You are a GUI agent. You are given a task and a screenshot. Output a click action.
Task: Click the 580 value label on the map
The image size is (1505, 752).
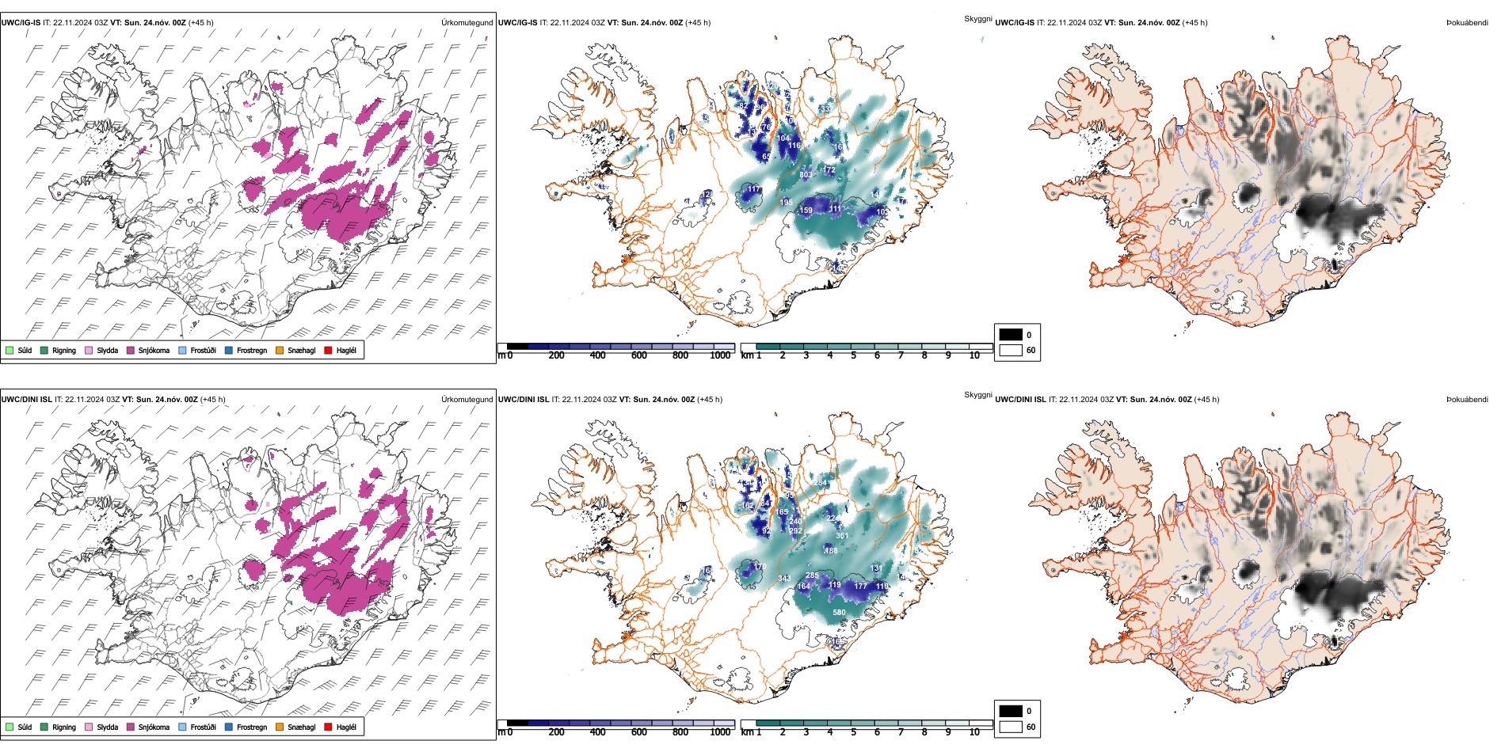point(839,612)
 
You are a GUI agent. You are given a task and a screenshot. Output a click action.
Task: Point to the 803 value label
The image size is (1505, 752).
point(806,175)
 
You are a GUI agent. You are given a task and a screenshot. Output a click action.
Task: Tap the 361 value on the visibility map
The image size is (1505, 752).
point(842,536)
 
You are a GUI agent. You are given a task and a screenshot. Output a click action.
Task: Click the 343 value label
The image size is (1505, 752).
point(784,579)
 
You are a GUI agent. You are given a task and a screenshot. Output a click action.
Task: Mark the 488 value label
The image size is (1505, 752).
point(831,551)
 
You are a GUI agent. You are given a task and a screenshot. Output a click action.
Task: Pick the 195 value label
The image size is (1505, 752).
point(786,203)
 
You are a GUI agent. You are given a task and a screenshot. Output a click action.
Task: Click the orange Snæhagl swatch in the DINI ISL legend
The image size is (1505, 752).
point(280,727)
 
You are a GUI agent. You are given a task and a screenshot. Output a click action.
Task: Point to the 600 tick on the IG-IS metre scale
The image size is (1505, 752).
point(639,356)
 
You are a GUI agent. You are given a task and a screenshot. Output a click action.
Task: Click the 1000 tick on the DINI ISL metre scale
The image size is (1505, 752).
point(720,732)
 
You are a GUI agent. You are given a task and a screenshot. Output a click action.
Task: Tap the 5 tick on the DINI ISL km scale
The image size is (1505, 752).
point(854,732)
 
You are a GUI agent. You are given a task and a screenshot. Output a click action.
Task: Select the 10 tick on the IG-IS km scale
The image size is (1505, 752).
point(974,356)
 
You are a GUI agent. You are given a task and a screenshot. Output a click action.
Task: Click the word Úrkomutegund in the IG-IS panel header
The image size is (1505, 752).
point(467,23)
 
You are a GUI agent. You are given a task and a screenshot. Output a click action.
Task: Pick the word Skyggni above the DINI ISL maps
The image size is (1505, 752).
point(977,394)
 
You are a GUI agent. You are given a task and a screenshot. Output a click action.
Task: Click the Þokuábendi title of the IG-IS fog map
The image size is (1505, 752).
point(1467,23)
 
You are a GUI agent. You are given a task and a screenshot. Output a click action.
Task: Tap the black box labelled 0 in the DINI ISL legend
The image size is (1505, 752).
point(1011,711)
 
